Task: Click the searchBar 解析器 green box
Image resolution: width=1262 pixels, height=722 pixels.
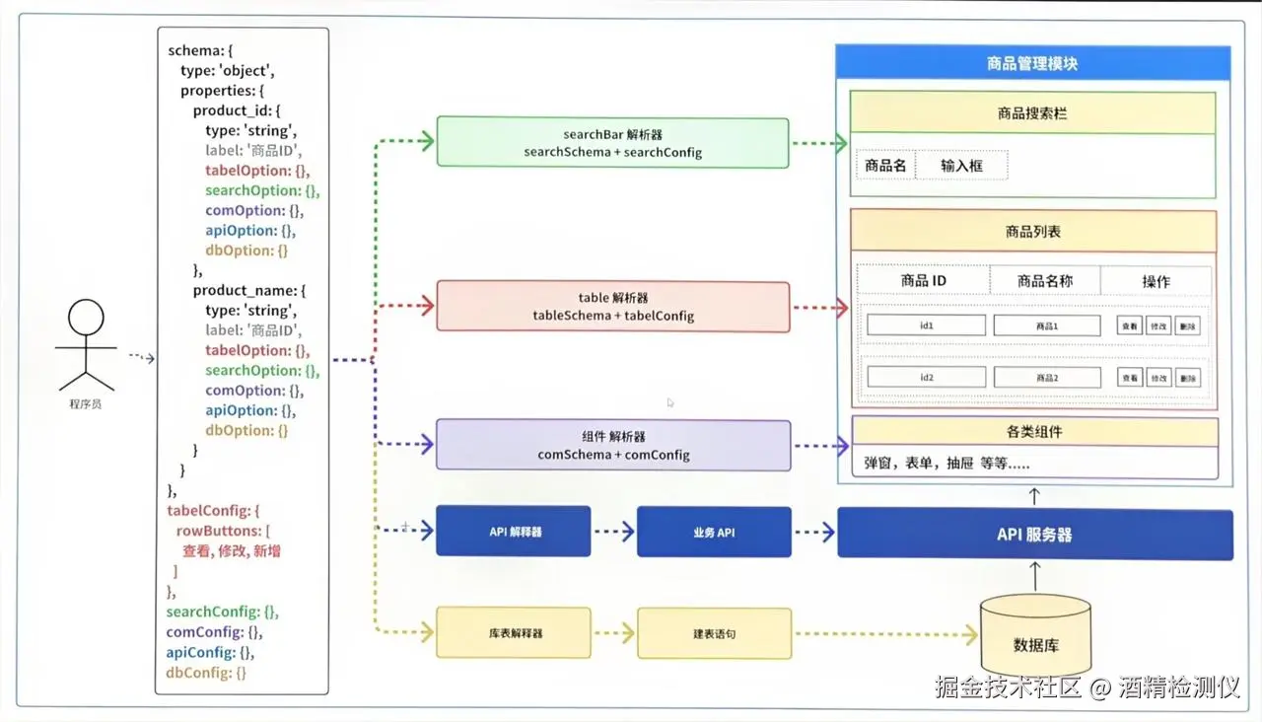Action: tap(612, 143)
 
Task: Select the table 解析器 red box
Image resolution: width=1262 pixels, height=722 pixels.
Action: tap(612, 307)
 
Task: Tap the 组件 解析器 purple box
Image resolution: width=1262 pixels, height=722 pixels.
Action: tap(612, 446)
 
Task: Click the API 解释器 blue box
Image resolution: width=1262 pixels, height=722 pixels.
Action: tap(513, 532)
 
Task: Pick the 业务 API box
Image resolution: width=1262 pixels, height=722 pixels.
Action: tap(714, 532)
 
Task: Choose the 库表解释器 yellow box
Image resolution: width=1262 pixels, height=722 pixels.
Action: tap(513, 633)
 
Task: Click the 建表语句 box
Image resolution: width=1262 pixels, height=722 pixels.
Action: tap(714, 633)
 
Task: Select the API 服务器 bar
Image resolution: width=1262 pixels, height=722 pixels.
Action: tap(1034, 535)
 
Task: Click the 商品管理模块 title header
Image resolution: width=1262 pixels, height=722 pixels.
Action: tap(1032, 64)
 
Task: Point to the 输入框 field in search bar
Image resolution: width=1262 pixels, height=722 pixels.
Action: tap(961, 166)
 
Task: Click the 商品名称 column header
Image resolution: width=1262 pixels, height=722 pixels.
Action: tap(1044, 281)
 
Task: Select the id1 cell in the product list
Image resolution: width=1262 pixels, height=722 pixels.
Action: tap(926, 325)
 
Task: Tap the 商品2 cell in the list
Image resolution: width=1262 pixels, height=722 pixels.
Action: tap(1046, 377)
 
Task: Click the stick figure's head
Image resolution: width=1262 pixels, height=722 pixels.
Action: tap(86, 319)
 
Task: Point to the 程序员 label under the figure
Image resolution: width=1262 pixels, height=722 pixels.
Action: tap(86, 404)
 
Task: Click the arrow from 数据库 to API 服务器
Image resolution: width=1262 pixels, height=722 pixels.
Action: tap(1034, 576)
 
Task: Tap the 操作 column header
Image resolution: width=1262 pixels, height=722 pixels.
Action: tap(1156, 281)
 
